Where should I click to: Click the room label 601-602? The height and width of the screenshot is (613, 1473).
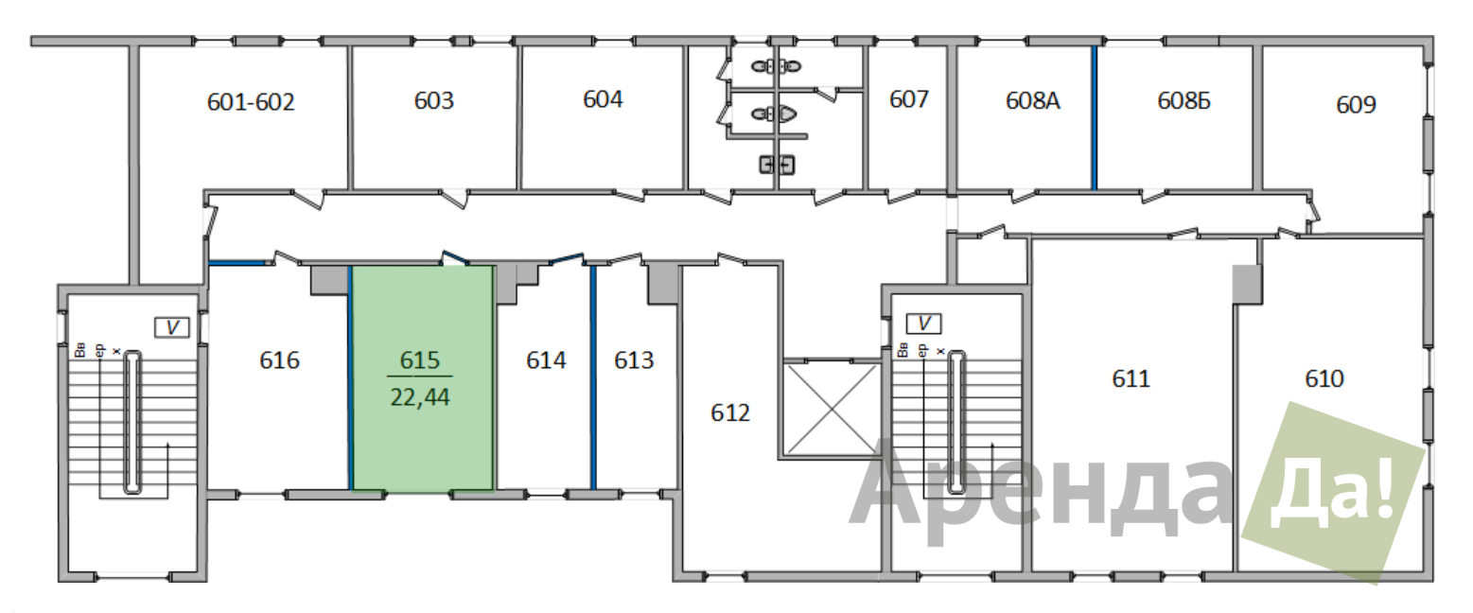pyautogui.click(x=251, y=102)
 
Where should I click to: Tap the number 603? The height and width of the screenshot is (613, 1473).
pyautogui.click(x=434, y=100)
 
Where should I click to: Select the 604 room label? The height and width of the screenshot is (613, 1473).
pyautogui.click(x=603, y=98)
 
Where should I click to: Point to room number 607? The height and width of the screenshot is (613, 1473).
pyautogui.click(x=909, y=98)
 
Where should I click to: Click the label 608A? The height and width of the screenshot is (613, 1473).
pyautogui.click(x=1032, y=100)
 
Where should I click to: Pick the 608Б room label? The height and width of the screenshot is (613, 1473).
pyautogui.click(x=1184, y=100)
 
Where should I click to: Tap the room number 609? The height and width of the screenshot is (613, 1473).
pyautogui.click(x=1356, y=104)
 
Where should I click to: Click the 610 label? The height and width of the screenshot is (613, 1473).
pyautogui.click(x=1324, y=378)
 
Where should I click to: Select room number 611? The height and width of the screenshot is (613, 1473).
pyautogui.click(x=1131, y=378)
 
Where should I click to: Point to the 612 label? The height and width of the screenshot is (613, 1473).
pyautogui.click(x=730, y=412)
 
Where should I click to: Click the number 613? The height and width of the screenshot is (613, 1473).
pyautogui.click(x=634, y=359)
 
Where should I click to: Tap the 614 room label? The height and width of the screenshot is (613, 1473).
pyautogui.click(x=546, y=359)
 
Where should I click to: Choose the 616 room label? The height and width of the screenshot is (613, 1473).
pyautogui.click(x=279, y=359)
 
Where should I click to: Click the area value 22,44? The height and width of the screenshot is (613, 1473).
pyautogui.click(x=419, y=397)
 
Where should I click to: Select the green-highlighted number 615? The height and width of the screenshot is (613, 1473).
pyautogui.click(x=419, y=359)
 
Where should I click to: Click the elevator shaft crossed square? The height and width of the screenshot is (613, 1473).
pyautogui.click(x=832, y=409)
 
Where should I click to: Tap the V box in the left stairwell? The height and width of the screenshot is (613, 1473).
pyautogui.click(x=172, y=327)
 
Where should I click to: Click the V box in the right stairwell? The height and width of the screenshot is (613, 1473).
pyautogui.click(x=924, y=324)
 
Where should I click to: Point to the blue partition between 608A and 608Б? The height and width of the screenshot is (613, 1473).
pyautogui.click(x=1095, y=117)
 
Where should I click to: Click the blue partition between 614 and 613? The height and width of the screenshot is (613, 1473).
pyautogui.click(x=593, y=377)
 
